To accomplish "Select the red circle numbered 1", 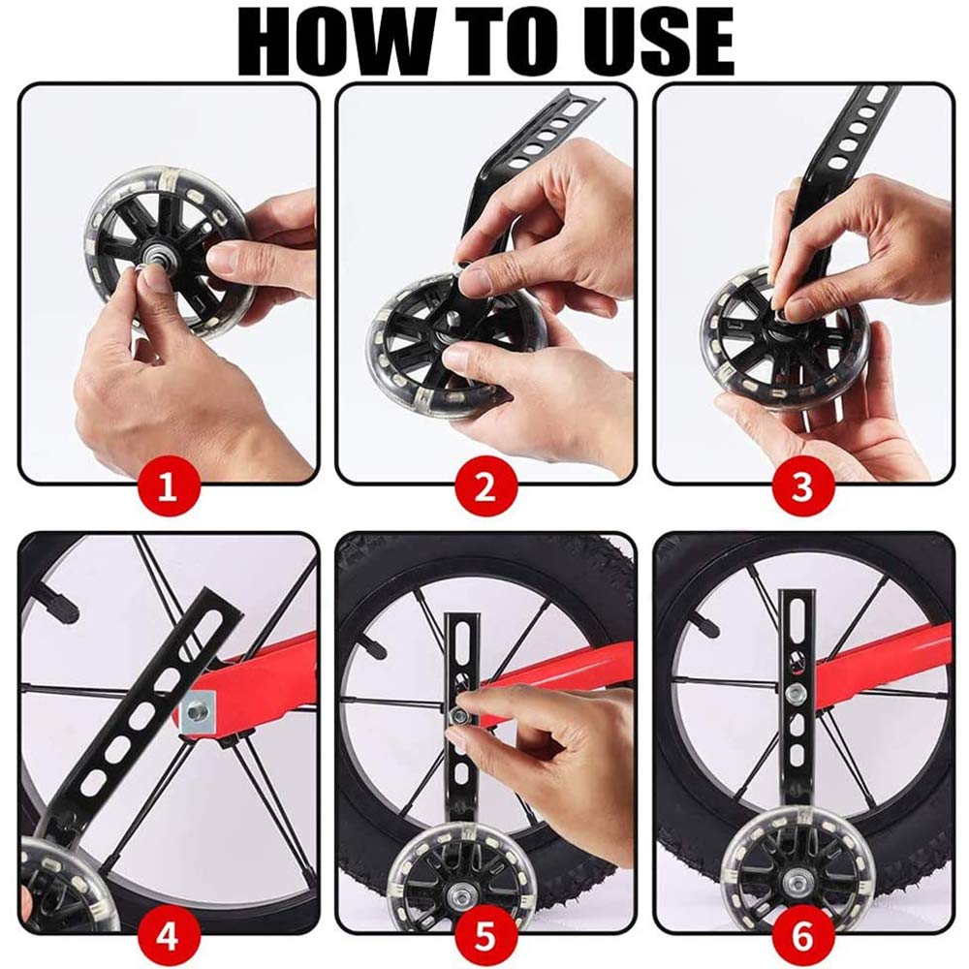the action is tap(168, 488).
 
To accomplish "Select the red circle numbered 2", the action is tap(485, 488).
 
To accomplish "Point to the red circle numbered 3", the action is tap(802, 488).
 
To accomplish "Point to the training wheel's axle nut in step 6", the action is tap(793, 877).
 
